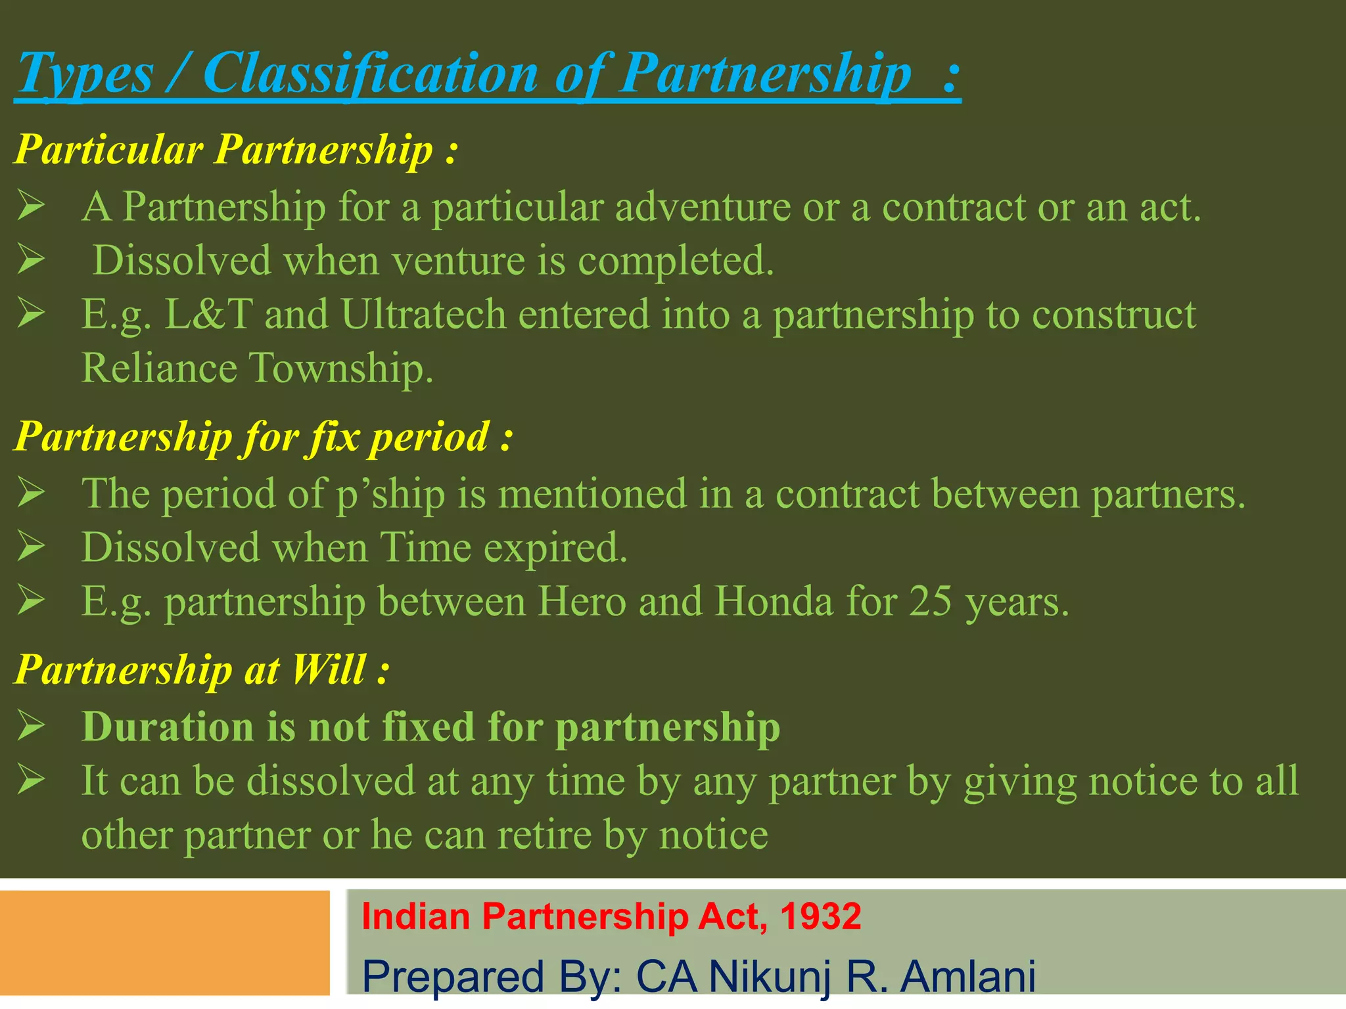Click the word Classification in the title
tap(371, 74)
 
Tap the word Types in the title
tap(85, 75)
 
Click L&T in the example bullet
tap(208, 314)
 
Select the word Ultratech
tap(423, 314)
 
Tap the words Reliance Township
tap(257, 368)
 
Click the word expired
tap(555, 548)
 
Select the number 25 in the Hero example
tap(930, 601)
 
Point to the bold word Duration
tap(168, 727)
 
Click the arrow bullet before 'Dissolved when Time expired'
tap(31, 547)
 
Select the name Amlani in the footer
tap(968, 976)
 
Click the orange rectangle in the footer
tap(164, 943)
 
